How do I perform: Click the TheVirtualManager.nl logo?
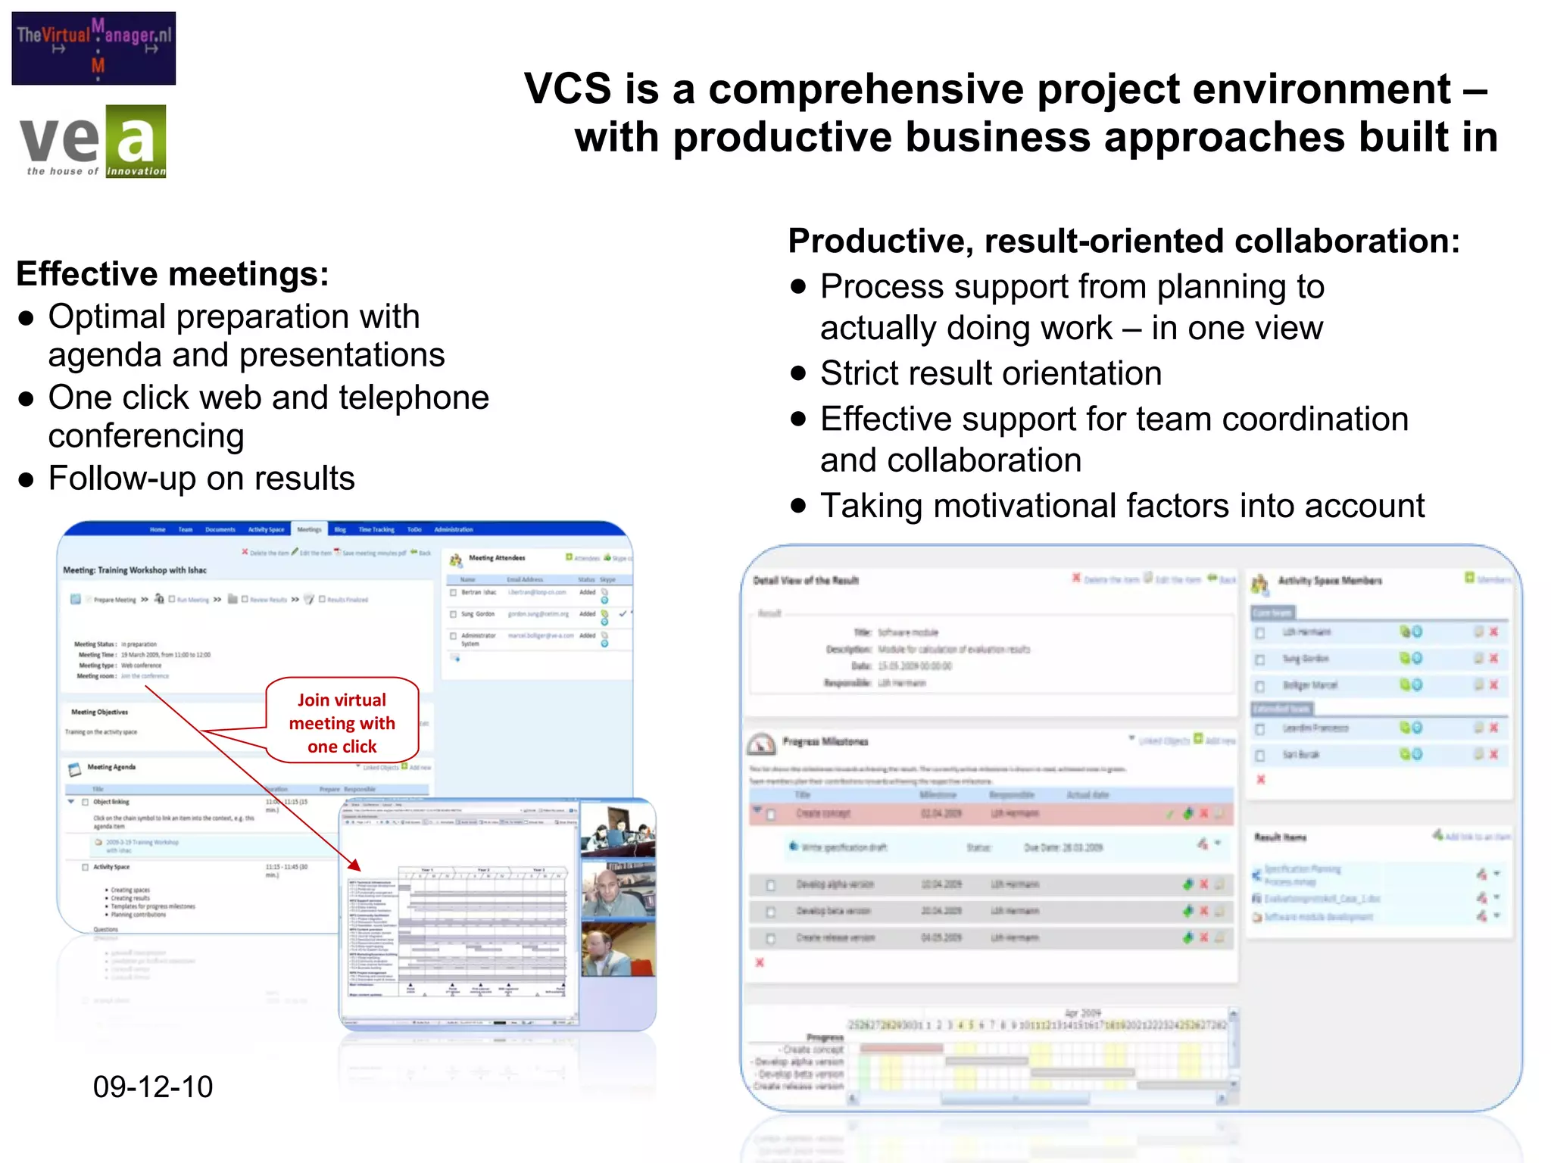point(94,48)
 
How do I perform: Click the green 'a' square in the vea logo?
point(136,141)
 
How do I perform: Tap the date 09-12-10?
point(153,1087)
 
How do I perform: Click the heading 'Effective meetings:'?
point(173,274)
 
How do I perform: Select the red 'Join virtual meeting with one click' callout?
point(342,722)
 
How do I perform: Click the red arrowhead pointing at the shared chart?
point(354,865)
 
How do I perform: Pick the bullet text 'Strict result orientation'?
point(991,373)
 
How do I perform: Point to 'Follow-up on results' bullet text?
point(201,479)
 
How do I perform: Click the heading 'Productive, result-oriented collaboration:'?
point(1124,242)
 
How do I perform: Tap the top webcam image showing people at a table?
point(617,830)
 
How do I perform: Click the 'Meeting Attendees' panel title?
point(497,558)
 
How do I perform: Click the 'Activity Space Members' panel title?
point(1330,581)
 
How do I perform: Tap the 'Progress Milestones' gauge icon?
point(761,744)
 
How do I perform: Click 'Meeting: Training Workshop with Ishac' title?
point(135,570)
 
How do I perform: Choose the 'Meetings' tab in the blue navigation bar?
point(309,529)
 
